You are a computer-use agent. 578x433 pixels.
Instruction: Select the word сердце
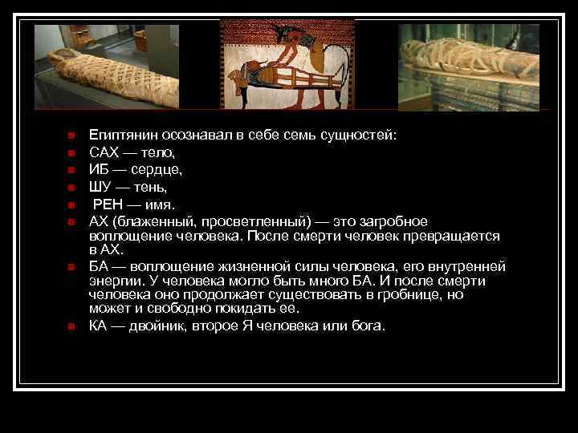point(160,169)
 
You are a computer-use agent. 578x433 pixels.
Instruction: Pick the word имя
point(156,204)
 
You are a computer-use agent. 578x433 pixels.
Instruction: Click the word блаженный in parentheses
point(150,221)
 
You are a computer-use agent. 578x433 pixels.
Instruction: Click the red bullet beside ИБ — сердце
point(71,169)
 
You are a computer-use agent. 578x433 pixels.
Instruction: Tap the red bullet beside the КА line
point(71,326)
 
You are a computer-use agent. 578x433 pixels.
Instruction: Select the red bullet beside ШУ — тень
point(71,187)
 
